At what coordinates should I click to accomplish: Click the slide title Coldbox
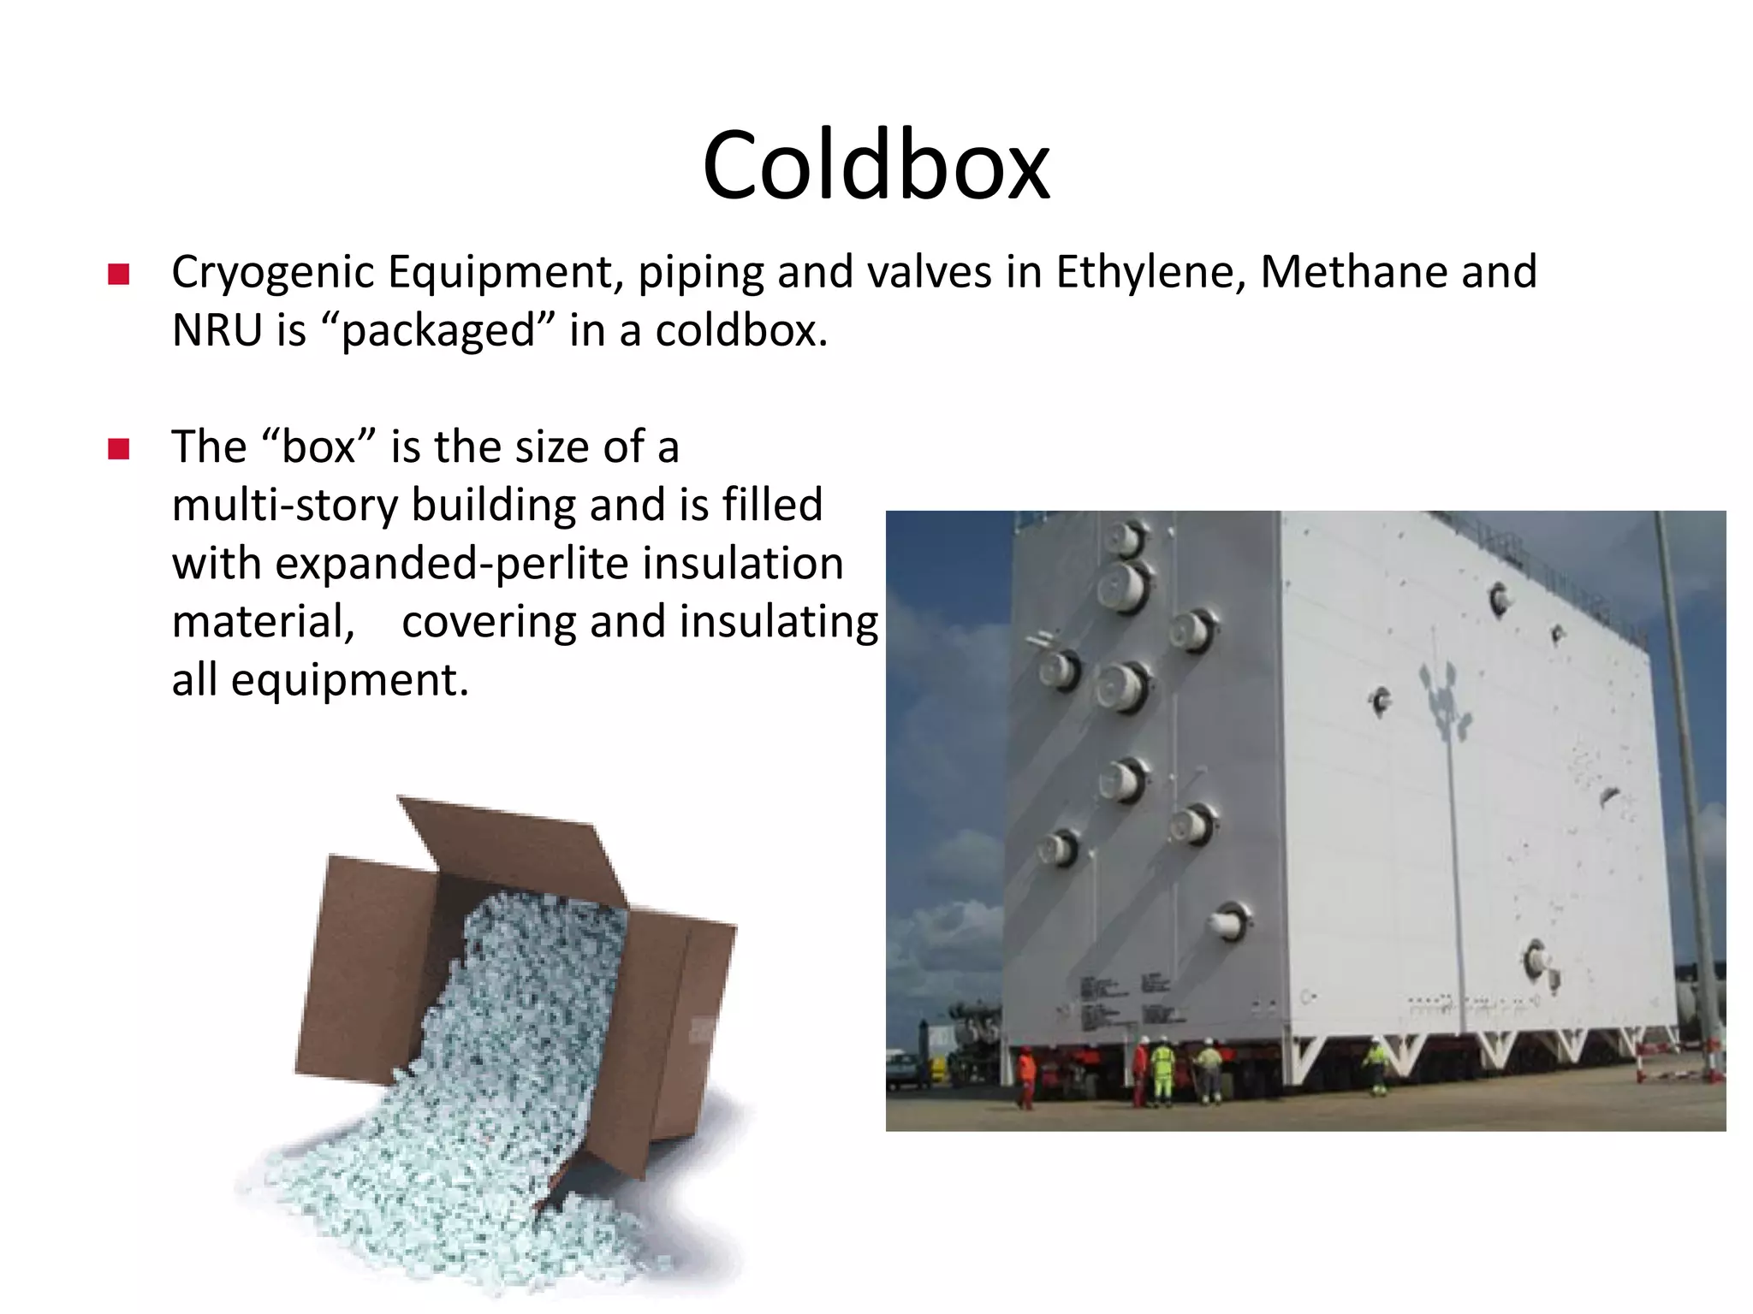tap(876, 164)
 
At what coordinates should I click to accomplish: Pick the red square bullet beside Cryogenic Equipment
tap(118, 275)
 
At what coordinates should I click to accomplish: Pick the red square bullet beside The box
tap(118, 449)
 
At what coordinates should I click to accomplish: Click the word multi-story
tap(284, 506)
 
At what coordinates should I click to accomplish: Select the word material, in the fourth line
tap(263, 622)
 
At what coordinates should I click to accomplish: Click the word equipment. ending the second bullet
tap(349, 681)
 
